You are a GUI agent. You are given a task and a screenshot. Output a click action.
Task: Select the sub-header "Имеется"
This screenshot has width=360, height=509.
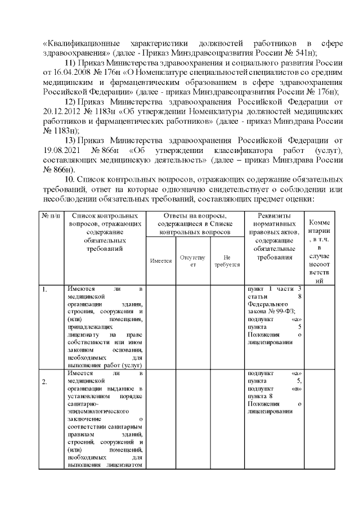[x=161, y=261]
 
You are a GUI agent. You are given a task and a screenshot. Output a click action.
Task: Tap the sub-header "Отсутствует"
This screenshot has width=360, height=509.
[x=192, y=261]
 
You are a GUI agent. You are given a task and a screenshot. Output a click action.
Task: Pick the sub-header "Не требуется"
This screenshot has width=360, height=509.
[x=227, y=261]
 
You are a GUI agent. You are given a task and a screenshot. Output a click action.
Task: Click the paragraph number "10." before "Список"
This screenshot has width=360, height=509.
[x=71, y=179]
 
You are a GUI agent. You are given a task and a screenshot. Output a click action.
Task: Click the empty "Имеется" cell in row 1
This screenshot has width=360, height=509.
[x=161, y=326]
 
